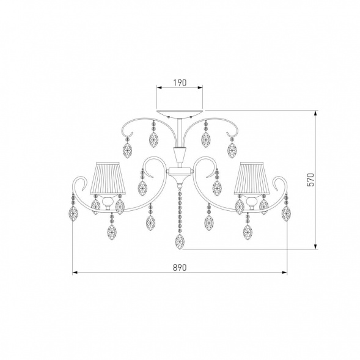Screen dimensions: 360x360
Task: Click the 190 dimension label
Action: point(180,83)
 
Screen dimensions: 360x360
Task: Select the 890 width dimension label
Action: point(180,268)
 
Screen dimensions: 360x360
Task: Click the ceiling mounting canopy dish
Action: point(180,114)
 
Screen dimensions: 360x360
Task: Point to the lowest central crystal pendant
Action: point(180,242)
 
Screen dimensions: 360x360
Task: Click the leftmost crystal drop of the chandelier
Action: point(73,213)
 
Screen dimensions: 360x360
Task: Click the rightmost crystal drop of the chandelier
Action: point(286,213)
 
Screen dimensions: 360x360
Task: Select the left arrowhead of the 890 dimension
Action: point(75,273)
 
